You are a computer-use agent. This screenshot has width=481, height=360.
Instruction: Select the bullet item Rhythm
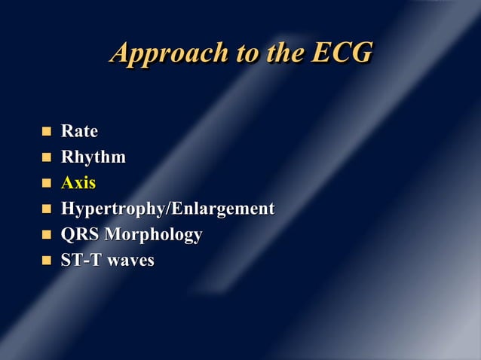point(93,157)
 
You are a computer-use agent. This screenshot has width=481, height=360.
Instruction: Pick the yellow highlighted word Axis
point(78,183)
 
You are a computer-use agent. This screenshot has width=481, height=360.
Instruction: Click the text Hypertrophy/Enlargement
point(167,209)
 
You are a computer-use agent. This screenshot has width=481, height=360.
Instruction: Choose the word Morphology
point(153,235)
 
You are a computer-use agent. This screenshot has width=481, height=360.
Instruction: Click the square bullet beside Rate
point(46,132)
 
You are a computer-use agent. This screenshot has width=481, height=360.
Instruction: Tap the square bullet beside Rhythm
point(46,157)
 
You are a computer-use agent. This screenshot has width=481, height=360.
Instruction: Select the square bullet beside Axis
point(46,183)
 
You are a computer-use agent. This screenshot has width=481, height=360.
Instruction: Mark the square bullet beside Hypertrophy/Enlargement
point(46,209)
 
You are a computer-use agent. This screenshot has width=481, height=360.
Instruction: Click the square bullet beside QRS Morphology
point(46,234)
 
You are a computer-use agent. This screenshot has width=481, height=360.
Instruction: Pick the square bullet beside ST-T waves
point(46,260)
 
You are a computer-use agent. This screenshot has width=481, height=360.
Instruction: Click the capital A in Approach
point(120,53)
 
